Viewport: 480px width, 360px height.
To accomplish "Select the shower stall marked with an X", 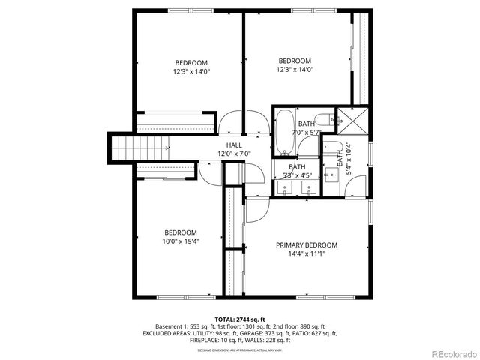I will click(x=347, y=118).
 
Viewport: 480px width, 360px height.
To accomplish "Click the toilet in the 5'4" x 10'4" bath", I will click(x=337, y=147).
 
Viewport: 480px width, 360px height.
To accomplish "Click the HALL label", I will click(x=233, y=145).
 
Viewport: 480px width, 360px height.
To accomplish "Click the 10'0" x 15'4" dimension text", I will click(x=181, y=241).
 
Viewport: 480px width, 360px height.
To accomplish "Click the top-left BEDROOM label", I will click(x=191, y=63).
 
